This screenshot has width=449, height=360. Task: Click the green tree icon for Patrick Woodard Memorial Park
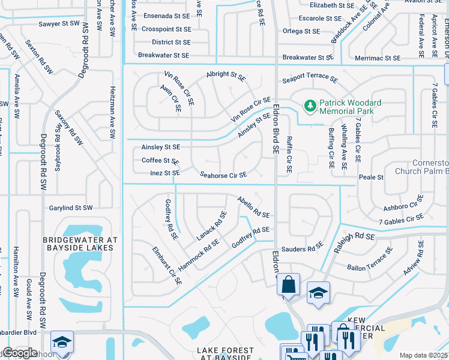[x=310, y=106]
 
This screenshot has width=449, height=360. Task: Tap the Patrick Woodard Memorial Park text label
[x=346, y=107]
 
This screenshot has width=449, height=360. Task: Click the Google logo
[x=19, y=353]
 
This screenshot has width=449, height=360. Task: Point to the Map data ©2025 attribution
[x=423, y=355]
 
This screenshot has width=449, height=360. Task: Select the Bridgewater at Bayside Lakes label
[x=78, y=243]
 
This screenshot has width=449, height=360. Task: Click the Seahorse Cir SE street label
[x=223, y=175]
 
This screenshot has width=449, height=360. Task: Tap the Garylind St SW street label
[x=71, y=208]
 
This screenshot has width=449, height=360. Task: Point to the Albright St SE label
[x=226, y=76]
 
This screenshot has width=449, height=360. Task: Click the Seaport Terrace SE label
[x=310, y=80]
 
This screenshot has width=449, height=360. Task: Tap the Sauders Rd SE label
[x=302, y=248]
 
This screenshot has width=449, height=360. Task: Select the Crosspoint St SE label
[x=166, y=29]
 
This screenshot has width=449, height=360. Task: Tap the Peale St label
[x=371, y=178]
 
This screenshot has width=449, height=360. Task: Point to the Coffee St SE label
[x=160, y=161]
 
